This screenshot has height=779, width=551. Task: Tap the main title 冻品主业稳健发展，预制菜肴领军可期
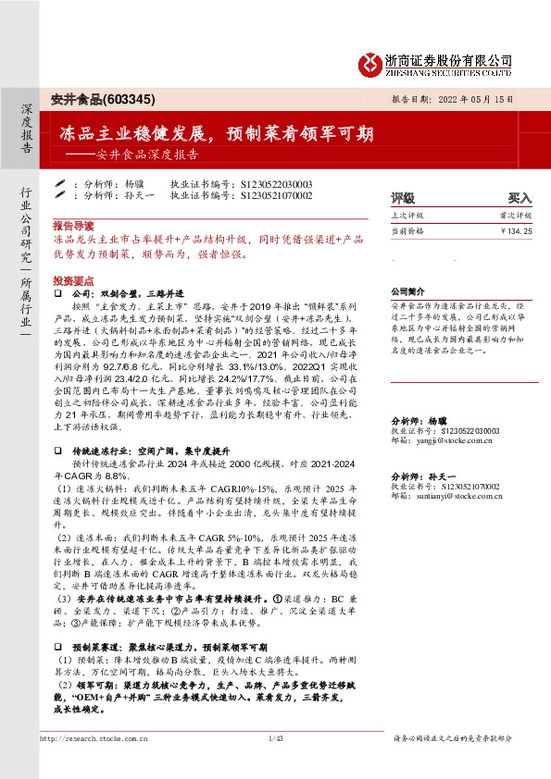[217, 133]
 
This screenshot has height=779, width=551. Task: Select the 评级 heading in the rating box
[403, 198]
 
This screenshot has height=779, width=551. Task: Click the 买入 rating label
[520, 198]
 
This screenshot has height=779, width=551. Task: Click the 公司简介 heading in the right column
[407, 290]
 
